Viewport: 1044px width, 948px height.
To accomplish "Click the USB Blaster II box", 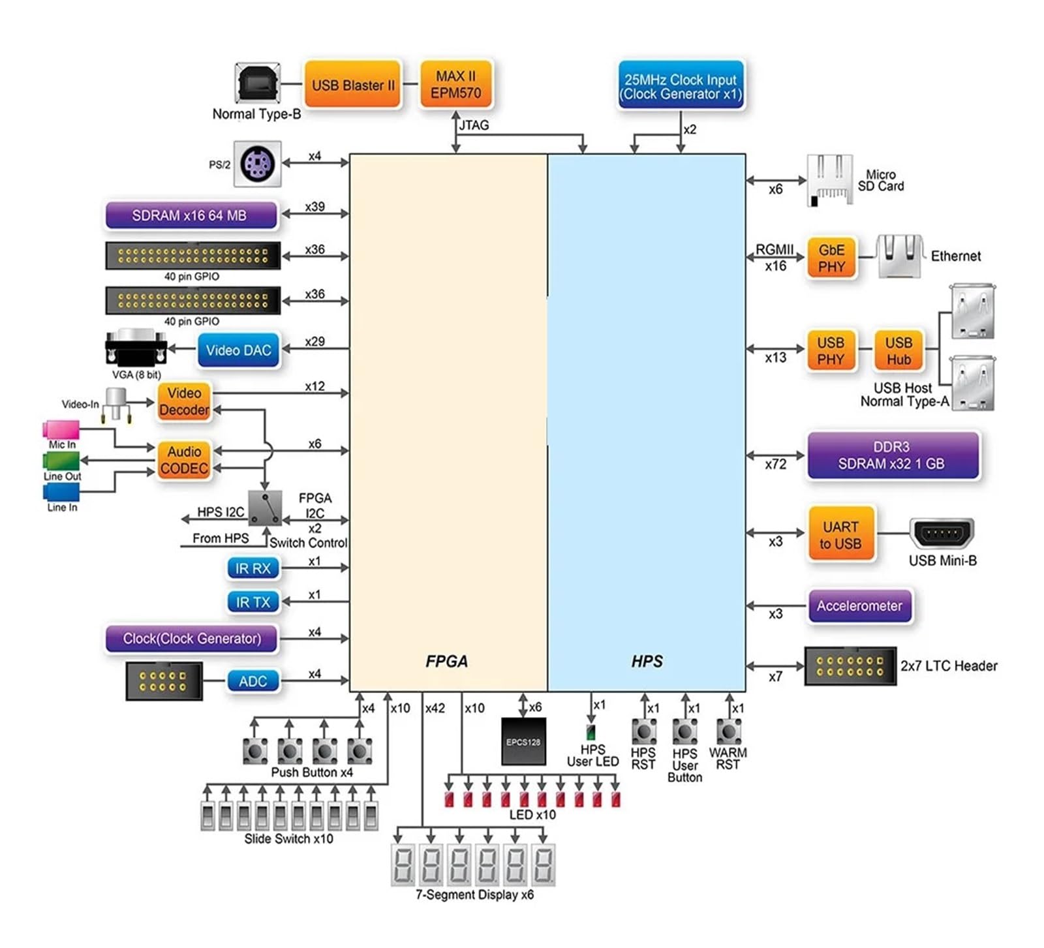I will (352, 85).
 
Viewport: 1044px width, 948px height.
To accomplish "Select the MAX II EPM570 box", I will (455, 85).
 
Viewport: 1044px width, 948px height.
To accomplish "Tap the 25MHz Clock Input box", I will (680, 87).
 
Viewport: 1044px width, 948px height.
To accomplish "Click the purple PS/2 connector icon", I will (257, 164).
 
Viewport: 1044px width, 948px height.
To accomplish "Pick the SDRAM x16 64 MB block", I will (191, 215).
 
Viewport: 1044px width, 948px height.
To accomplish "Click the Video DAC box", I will (238, 350).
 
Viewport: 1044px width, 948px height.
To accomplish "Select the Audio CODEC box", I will (184, 460).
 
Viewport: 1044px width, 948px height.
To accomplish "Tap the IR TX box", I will (253, 602).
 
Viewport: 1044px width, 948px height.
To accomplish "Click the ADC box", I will (253, 681).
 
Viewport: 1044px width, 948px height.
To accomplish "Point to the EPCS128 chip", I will (523, 742).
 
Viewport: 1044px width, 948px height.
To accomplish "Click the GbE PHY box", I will (831, 258).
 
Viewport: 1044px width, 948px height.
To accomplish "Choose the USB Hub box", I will (898, 351).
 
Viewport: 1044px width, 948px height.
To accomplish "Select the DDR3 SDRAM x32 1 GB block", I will (892, 455).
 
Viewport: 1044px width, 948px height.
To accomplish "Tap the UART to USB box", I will (840, 535).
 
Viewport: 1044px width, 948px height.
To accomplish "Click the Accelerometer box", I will (859, 606).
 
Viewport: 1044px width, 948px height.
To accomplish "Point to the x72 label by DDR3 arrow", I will (775, 465).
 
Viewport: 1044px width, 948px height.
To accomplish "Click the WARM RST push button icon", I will (728, 732).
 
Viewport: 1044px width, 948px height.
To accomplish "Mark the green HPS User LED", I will (591, 731).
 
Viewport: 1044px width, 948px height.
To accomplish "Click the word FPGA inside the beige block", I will (446, 662).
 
